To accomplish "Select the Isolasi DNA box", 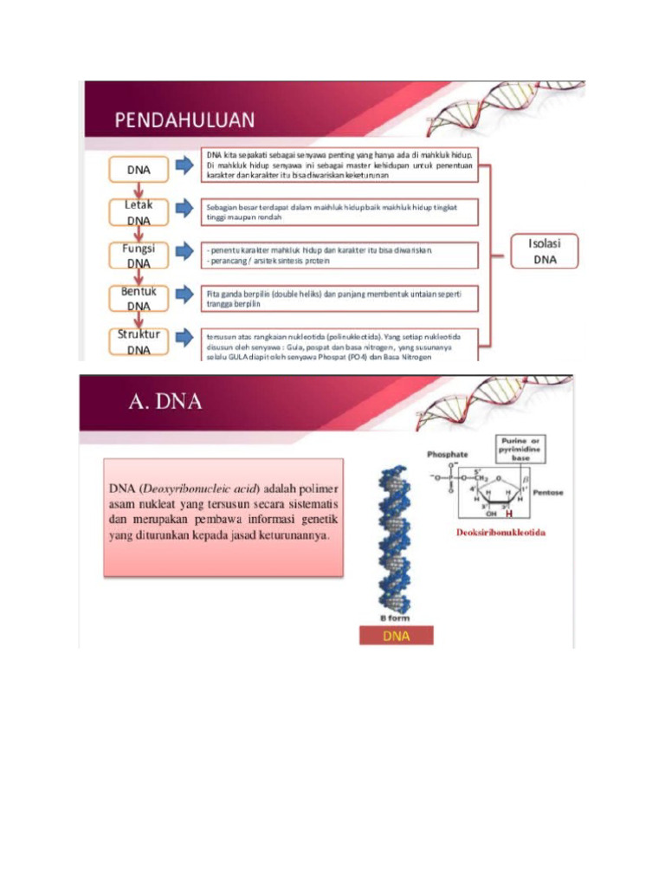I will coord(545,251).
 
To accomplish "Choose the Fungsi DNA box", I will coord(139,256).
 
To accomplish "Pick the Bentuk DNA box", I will coord(139,298).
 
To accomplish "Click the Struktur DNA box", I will coord(139,341).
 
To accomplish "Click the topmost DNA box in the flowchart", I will coord(139,170).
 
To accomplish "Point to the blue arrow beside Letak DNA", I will coord(184,209).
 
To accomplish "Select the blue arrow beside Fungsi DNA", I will coord(184,252).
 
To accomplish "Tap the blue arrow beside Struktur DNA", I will coord(184,337).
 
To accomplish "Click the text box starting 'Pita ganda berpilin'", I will coord(339,299).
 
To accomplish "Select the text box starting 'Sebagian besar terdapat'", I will coord(339,212).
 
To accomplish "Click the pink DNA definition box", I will coord(223,516).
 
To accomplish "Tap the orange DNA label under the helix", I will coord(396,637).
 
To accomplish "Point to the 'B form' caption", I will coord(395,618).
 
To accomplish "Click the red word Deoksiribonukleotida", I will coord(500,532).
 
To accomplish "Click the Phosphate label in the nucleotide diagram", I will coord(448,454).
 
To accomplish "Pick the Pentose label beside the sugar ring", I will coord(547,492).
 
